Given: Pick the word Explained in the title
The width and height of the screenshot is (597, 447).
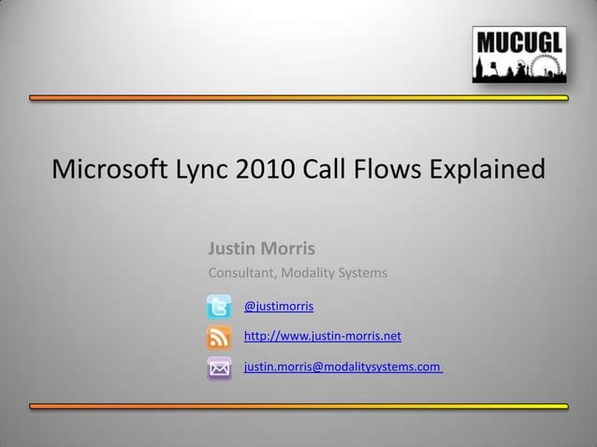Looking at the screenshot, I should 488,172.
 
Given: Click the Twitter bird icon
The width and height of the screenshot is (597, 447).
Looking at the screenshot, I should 219,307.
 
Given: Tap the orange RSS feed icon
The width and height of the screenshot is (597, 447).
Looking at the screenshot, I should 219,337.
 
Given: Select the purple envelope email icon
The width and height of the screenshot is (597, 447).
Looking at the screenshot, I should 219,368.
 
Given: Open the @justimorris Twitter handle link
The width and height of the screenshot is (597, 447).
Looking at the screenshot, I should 279,306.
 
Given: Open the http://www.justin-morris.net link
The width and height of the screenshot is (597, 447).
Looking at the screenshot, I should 322,336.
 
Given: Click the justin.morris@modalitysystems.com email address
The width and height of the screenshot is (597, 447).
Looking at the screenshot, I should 342,368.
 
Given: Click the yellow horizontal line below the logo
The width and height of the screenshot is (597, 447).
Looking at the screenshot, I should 298,97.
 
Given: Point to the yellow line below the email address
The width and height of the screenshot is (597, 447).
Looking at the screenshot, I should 298,406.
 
